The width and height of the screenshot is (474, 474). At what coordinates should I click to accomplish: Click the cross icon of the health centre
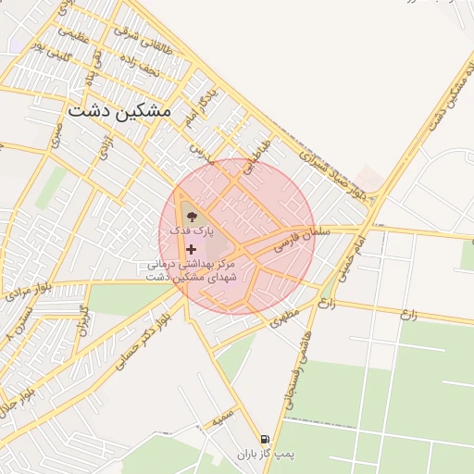point(192,249)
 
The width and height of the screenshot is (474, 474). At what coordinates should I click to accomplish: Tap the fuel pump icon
point(267,438)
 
